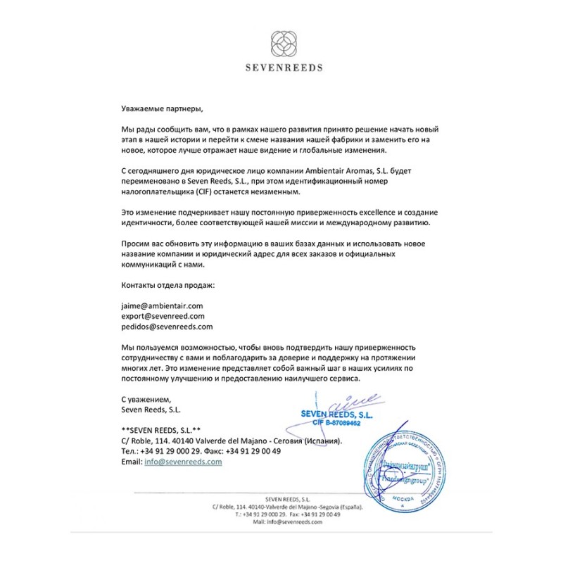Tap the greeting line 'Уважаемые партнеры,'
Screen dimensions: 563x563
161,108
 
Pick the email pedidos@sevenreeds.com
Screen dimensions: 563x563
167,327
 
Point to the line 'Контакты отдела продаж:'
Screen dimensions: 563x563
168,285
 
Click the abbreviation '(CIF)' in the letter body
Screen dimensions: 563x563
186,192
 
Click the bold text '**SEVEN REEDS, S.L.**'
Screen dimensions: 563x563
161,429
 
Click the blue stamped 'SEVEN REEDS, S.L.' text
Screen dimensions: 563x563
336,415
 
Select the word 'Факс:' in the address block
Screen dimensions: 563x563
218,451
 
